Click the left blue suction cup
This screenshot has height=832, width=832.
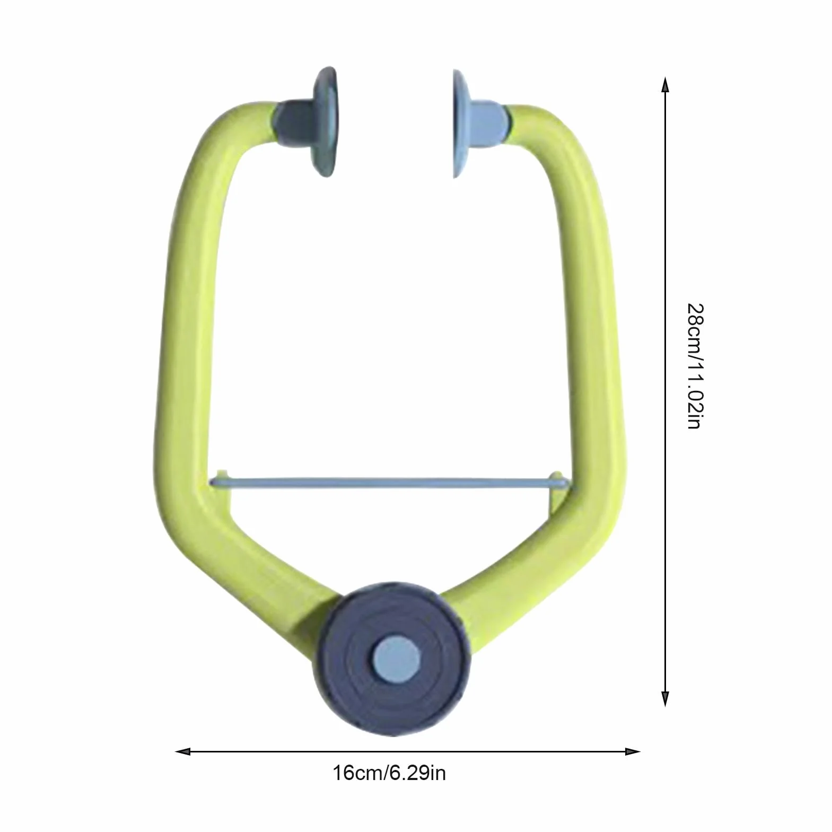325,121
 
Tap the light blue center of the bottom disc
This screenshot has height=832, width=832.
396,660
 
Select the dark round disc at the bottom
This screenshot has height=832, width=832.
396,660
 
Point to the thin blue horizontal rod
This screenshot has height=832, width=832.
391,483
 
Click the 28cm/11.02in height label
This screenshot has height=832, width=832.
695,366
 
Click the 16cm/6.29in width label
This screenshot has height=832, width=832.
389,773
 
